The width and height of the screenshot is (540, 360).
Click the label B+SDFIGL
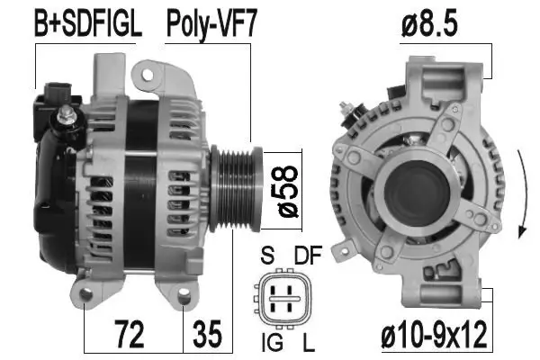coord(87,24)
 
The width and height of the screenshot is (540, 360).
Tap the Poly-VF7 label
coord(210,24)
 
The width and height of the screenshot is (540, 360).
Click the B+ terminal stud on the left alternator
coord(67,115)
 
